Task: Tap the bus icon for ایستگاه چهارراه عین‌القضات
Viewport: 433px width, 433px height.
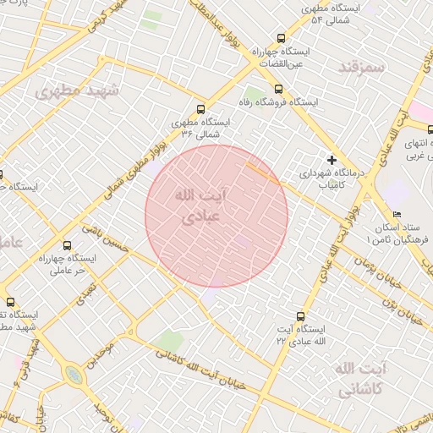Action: click(x=281, y=38)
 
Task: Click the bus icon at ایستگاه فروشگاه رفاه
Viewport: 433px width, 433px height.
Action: click(x=277, y=88)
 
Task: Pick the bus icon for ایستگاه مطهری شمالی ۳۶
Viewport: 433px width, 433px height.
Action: click(x=200, y=109)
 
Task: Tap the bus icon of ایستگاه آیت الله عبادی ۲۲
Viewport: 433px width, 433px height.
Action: click(x=299, y=315)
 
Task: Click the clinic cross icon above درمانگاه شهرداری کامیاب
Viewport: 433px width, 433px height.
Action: click(x=332, y=159)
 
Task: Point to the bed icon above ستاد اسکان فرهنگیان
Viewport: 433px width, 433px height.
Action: click(x=397, y=215)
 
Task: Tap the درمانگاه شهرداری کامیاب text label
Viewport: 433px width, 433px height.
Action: click(x=331, y=178)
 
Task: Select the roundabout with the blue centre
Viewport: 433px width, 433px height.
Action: click(x=74, y=375)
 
